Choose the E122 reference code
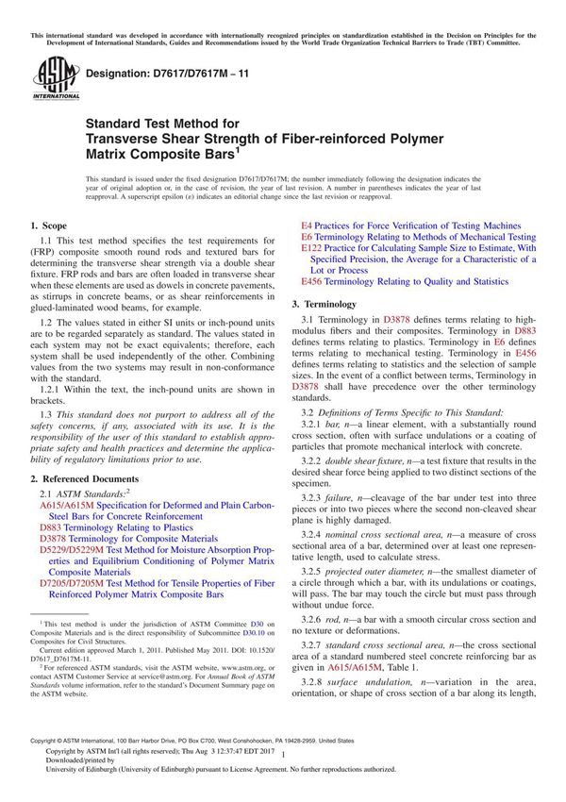[310, 247]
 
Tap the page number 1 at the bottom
[284, 775]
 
